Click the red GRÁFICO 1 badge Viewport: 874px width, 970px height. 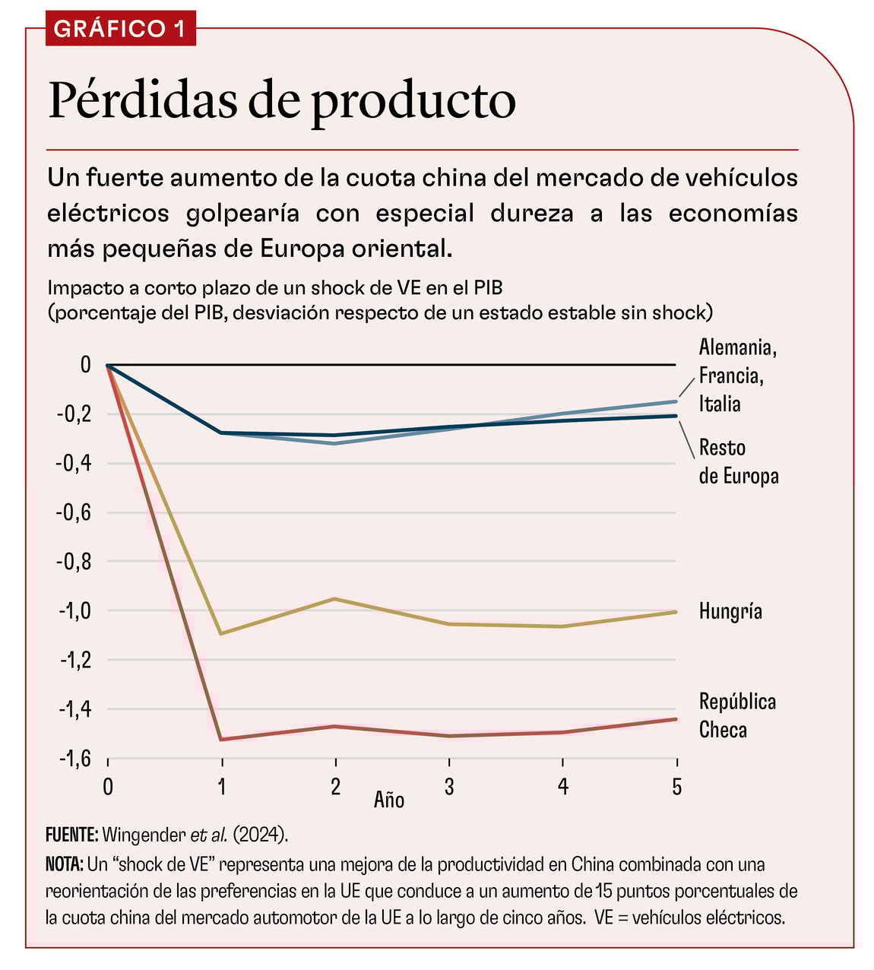click(120, 29)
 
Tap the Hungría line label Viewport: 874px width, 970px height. click(730, 611)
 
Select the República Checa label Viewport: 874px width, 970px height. click(736, 715)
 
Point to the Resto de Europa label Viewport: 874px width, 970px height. click(738, 461)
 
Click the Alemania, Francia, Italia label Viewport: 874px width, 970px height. click(736, 376)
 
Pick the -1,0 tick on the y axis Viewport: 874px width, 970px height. click(74, 611)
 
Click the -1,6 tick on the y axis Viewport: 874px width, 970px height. click(74, 758)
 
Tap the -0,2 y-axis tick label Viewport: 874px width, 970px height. click(74, 415)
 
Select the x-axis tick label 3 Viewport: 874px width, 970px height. click(449, 786)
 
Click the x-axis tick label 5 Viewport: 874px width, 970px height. click(676, 786)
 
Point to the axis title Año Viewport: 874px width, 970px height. click(388, 800)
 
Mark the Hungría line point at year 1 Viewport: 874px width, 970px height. click(221, 633)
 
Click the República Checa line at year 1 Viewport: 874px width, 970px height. click(221, 739)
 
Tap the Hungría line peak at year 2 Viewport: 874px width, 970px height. click(335, 599)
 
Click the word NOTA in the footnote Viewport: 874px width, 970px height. click(65, 864)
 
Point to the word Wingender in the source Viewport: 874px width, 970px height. click(144, 834)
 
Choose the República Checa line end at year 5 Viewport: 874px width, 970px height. click(676, 719)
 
